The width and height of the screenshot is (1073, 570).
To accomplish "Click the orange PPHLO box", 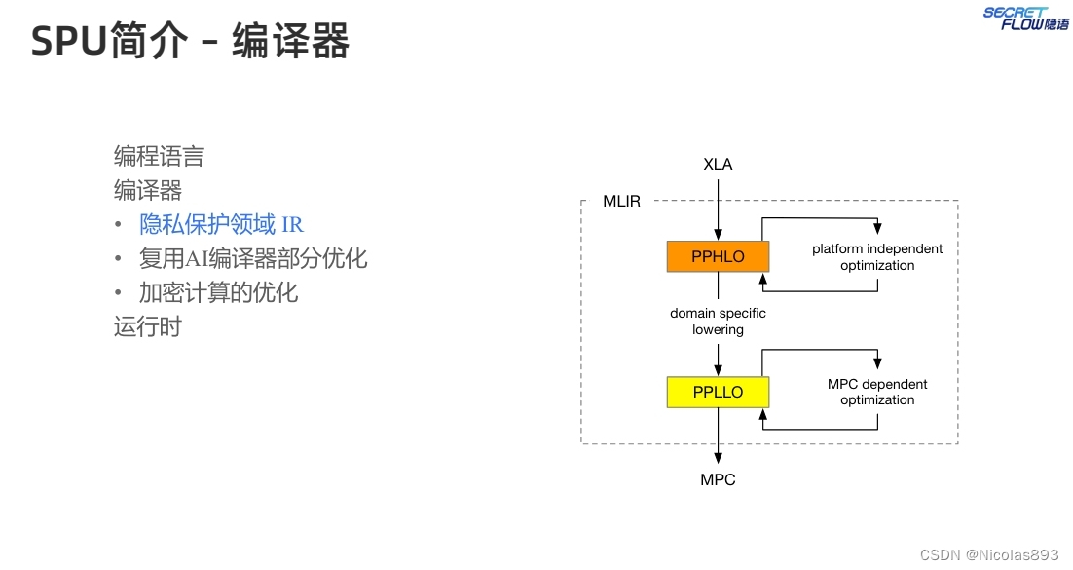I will coord(718,256).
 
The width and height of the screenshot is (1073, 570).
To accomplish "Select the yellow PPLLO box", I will coord(718,392).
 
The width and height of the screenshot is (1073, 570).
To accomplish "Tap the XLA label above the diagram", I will coord(718,164).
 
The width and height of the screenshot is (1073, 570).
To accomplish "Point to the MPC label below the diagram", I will coord(718,479).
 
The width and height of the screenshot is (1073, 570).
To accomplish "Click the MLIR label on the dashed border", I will coord(622,202).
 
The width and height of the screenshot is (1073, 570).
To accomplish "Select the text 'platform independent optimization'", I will coord(877,257).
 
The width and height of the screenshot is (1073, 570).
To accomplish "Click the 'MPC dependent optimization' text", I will coord(877,392).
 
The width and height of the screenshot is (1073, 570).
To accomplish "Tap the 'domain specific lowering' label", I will coord(718,322).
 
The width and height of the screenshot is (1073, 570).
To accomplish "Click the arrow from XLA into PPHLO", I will coord(718,209).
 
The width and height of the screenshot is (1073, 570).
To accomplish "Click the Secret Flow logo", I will coord(1025,18).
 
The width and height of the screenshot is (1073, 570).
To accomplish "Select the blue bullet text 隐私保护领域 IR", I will coord(221,225).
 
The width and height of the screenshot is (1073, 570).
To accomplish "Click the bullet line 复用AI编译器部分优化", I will coord(252,258).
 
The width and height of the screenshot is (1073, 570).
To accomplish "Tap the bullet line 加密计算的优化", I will coord(218,292).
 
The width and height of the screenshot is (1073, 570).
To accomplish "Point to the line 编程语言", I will coord(159,156).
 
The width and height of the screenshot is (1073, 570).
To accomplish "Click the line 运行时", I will coord(148,326).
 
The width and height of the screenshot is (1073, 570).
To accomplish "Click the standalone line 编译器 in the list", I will coord(148,190).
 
